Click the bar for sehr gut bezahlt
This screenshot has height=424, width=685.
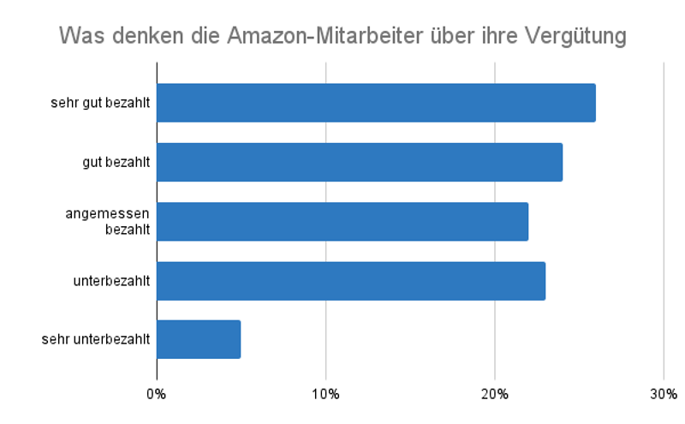pyautogui.click(x=376, y=103)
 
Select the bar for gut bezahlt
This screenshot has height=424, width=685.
pyautogui.click(x=360, y=162)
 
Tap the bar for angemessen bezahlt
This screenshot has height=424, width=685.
pyautogui.click(x=342, y=221)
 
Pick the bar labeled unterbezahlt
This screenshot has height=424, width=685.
pyautogui.click(x=351, y=280)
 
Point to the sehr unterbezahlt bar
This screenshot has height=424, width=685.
pyautogui.click(x=199, y=339)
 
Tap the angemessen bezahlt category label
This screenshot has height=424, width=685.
pyautogui.click(x=108, y=221)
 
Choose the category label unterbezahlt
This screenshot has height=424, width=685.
pyautogui.click(x=112, y=280)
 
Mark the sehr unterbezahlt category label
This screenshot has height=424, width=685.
pyautogui.click(x=96, y=339)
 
